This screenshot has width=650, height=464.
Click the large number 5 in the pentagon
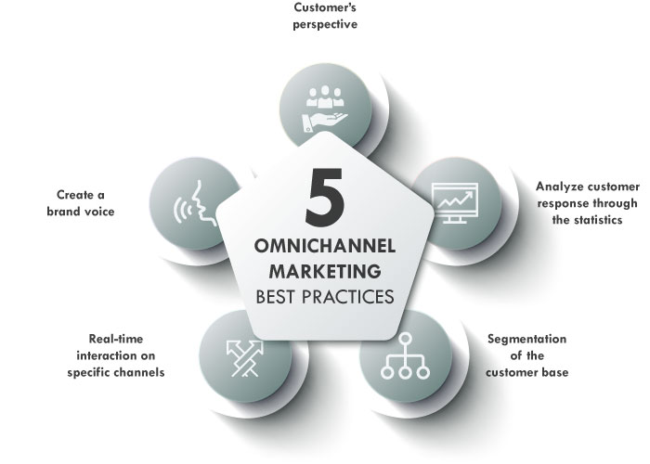tap(323, 193)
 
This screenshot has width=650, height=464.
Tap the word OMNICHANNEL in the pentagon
tap(323, 248)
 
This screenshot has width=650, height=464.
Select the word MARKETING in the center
tap(323, 273)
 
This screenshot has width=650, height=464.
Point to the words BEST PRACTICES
tap(323, 298)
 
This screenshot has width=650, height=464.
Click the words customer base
tap(526, 373)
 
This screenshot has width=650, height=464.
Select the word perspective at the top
tap(325, 25)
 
